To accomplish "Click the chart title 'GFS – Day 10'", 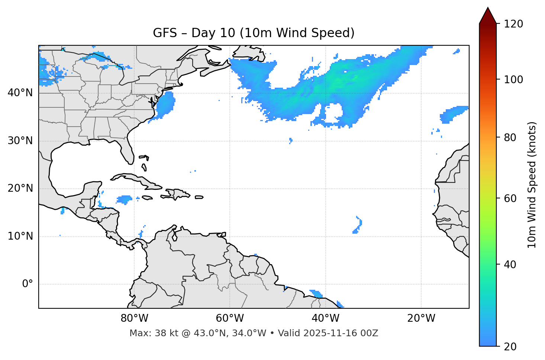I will click(x=254, y=33).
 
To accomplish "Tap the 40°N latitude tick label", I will click(x=20, y=93).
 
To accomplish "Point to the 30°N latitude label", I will click(x=20, y=141).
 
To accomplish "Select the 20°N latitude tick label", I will click(x=20, y=188).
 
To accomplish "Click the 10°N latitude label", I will click(x=20, y=236).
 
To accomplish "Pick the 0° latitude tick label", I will click(x=27, y=284).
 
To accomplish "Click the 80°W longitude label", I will click(x=134, y=318).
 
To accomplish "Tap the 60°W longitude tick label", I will click(x=230, y=318).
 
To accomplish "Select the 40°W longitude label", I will click(x=325, y=318).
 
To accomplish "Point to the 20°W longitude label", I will click(x=421, y=318).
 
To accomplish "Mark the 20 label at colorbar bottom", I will click(x=511, y=347).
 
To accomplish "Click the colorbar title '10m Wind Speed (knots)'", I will click(x=532, y=185).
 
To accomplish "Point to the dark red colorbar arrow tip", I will click(x=488, y=9).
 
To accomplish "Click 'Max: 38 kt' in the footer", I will click(x=148, y=333).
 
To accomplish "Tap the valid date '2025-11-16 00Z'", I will click(x=341, y=333).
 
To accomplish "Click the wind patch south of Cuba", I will click(x=124, y=200).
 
